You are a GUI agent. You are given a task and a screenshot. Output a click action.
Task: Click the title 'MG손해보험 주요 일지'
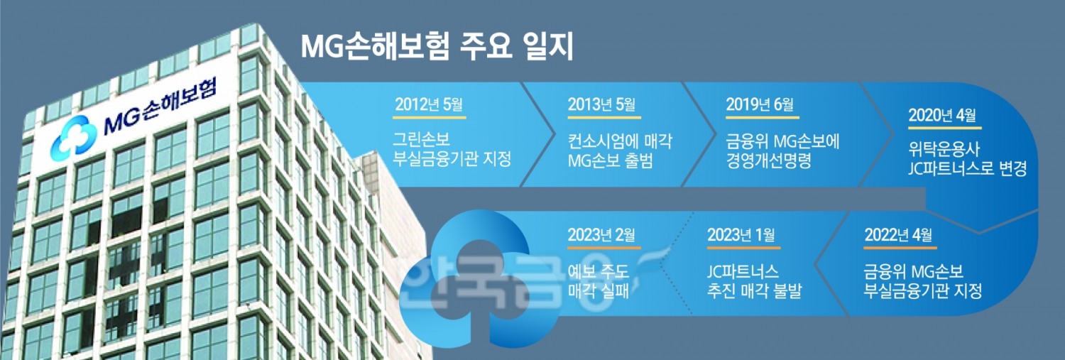click(x=437, y=48)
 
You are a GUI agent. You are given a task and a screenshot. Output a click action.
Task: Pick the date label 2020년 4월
click(x=943, y=115)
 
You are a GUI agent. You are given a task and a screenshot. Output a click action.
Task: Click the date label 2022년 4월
click(x=899, y=235)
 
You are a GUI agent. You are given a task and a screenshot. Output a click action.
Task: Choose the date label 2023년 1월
click(x=741, y=235)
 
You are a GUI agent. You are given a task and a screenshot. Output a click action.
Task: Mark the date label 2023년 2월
click(x=601, y=235)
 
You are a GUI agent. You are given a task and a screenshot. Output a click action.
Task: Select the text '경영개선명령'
click(x=768, y=160)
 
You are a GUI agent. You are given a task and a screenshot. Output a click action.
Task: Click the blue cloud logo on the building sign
click(x=72, y=136)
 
